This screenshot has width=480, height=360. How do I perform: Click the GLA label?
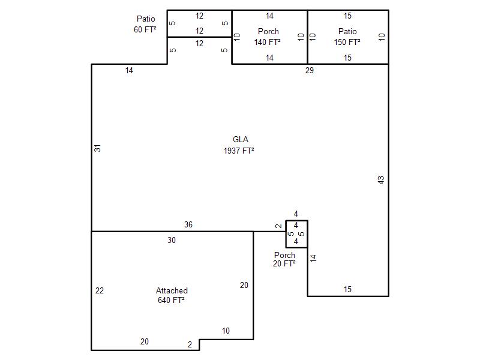(241, 139)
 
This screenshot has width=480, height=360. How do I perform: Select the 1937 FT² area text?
(239, 151)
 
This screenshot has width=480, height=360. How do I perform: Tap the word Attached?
(172, 290)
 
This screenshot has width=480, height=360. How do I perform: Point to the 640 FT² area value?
(171, 300)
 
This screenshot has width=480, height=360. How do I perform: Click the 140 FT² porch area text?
(268, 42)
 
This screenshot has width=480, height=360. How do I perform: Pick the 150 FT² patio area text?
(347, 42)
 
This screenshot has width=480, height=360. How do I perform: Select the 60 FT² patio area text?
(145, 29)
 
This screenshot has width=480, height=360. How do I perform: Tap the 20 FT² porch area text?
(284, 263)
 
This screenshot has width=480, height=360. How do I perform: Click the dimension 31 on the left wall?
(97, 148)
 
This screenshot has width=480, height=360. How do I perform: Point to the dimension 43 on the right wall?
(381, 180)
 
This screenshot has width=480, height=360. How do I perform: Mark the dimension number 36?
(188, 224)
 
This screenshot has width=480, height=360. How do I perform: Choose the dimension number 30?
(172, 240)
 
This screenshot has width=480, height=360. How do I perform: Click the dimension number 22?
(100, 290)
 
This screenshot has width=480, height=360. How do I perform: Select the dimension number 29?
(310, 70)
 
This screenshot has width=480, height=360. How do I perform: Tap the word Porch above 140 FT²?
(268, 31)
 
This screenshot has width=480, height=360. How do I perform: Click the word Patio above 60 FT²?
(146, 19)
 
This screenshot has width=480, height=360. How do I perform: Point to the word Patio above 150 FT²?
(347, 31)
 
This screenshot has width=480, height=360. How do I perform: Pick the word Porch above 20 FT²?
(284, 255)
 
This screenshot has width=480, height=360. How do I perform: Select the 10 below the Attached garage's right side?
(226, 331)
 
